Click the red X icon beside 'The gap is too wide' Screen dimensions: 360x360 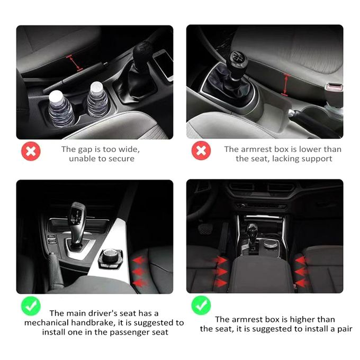point(31,151)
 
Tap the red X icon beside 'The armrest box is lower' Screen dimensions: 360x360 point(201,150)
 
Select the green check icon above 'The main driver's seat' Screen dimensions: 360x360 point(31,306)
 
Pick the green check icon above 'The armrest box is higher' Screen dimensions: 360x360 point(201,305)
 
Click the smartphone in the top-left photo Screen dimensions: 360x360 point(164,65)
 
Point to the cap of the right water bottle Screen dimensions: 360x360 point(97,87)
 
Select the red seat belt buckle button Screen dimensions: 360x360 point(334,87)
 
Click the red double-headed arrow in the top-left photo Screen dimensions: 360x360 point(75,62)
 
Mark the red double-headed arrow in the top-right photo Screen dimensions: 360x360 point(285,85)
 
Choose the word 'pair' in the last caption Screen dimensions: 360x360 point(344,329)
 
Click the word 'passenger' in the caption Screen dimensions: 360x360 point(130,332)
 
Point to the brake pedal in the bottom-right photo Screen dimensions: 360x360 point(205,229)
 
